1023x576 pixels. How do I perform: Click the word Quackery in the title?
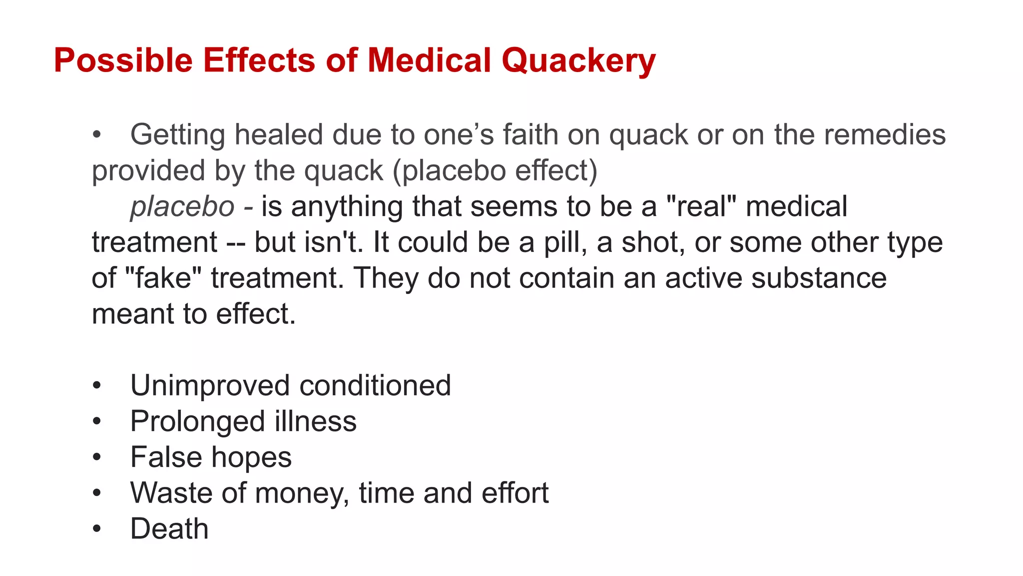(x=578, y=60)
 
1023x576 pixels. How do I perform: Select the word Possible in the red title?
(x=123, y=60)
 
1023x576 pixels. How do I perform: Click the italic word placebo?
(x=182, y=206)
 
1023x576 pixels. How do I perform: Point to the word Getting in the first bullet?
(x=178, y=135)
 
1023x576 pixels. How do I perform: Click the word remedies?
(x=884, y=135)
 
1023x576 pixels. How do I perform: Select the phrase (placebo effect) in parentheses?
(x=495, y=170)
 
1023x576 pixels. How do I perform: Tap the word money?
(x=302, y=493)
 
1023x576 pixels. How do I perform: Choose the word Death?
(x=169, y=528)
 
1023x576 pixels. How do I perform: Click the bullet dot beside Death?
(x=97, y=529)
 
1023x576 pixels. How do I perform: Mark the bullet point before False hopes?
(x=97, y=457)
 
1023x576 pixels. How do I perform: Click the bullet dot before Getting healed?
(x=97, y=135)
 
